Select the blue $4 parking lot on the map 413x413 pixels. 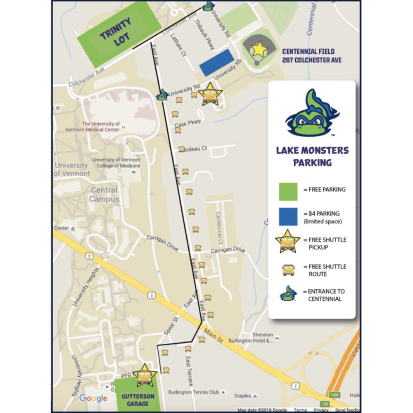(216, 62)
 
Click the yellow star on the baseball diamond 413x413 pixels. (259, 50)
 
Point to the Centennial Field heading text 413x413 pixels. (311, 56)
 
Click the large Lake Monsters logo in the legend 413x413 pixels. (311, 114)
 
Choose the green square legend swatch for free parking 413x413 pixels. (287, 191)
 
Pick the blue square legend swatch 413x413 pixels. (287, 216)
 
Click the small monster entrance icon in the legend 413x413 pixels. (288, 294)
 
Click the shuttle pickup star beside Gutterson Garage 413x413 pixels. (144, 375)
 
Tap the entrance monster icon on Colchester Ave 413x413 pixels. (208, 6)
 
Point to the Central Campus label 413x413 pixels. (104, 195)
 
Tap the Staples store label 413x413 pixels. (242, 396)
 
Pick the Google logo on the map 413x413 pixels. (93, 398)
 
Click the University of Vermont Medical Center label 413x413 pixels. (101, 126)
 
